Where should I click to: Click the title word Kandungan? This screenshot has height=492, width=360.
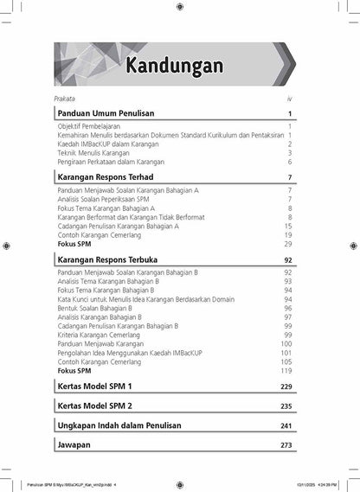click(x=174, y=66)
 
